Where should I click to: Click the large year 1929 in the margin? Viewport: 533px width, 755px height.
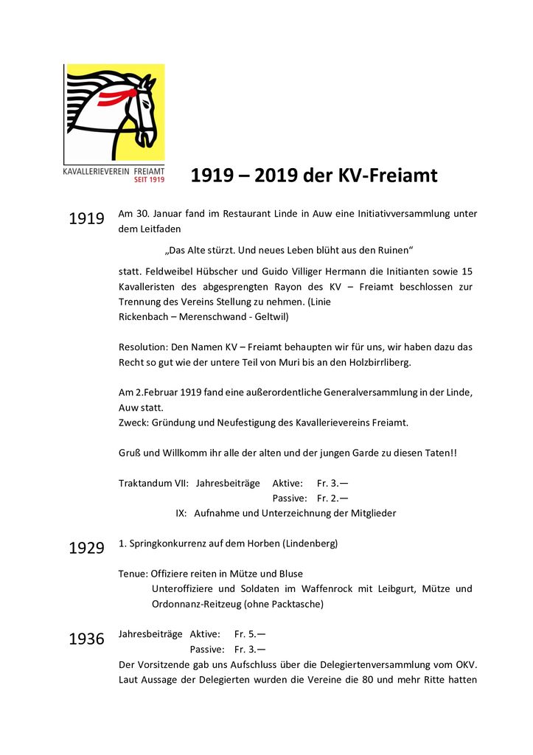coord(86,549)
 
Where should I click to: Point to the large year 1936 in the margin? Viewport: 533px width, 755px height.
coord(86,639)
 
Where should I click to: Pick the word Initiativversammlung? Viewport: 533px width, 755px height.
coord(397,214)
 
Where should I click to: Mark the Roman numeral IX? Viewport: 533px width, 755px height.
coord(181,513)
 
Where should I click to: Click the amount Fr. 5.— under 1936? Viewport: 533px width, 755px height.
coord(250,634)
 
